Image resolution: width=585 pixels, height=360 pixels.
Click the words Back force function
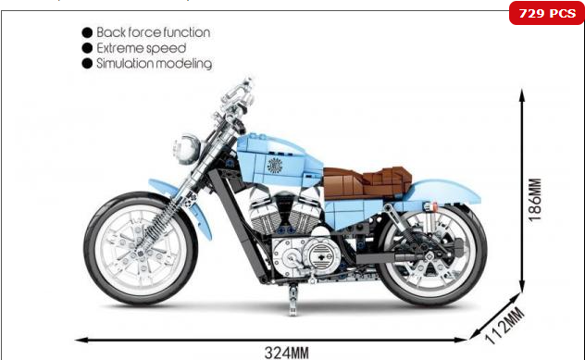pos(154,31)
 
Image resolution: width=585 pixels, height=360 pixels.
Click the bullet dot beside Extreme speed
pos(87,47)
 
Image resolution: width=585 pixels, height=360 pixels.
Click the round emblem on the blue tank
pos(274,165)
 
